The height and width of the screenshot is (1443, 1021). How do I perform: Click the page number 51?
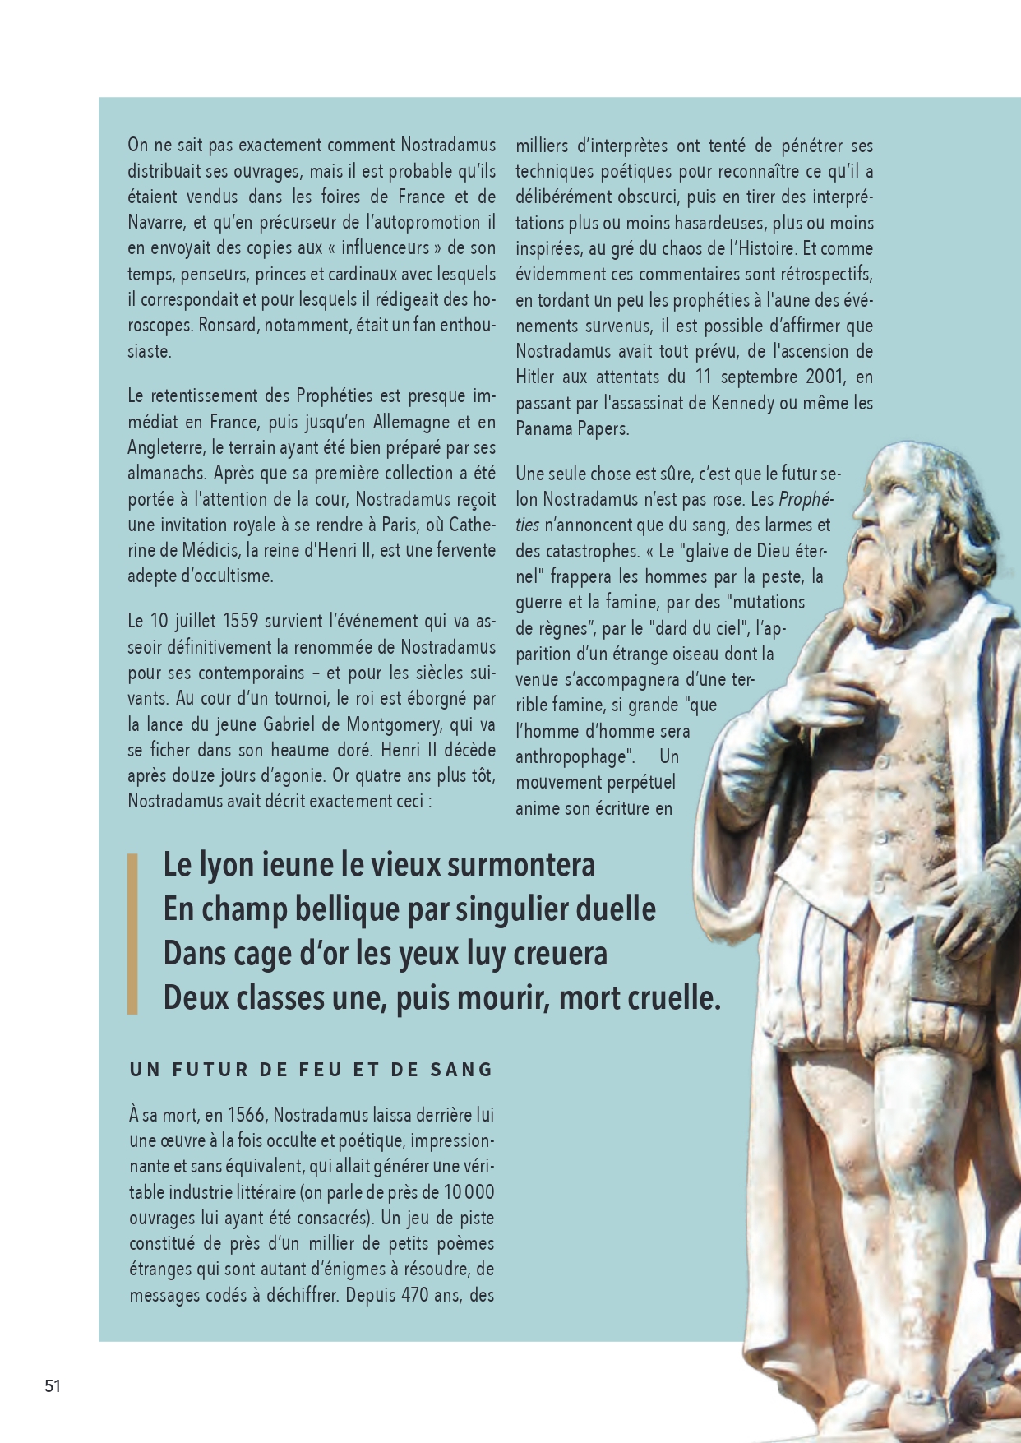pyautogui.click(x=53, y=1385)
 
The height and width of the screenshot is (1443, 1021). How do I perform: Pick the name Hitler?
pyautogui.click(x=535, y=377)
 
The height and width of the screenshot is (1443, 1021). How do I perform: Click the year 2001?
pyautogui.click(x=829, y=377)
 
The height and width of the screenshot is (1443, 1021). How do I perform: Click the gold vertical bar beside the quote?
pyautogui.click(x=132, y=933)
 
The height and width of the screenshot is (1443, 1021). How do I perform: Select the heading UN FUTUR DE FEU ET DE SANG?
pyautogui.click(x=312, y=1070)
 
